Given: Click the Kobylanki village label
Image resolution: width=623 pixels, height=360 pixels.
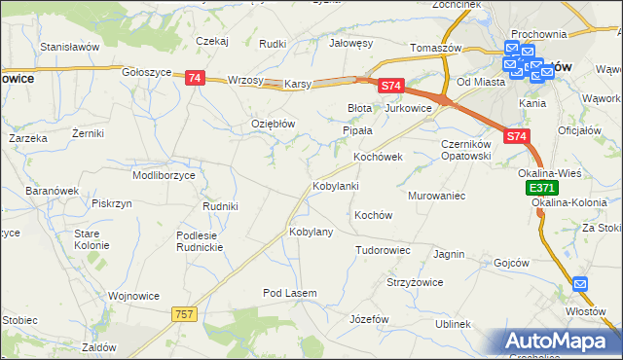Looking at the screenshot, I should click(x=336, y=185).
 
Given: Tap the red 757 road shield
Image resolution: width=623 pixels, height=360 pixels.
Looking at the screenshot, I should click(x=184, y=313).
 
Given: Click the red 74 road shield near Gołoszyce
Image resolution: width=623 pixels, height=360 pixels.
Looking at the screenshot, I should click(x=194, y=78).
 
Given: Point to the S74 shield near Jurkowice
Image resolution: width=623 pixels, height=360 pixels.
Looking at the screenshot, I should click(x=390, y=87).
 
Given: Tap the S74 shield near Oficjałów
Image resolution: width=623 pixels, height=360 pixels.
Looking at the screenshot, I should click(x=518, y=138).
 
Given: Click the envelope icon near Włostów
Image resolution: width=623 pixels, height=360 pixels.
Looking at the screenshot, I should click(x=581, y=284).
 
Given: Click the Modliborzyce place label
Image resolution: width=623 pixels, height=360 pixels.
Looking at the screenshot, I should click(x=164, y=175).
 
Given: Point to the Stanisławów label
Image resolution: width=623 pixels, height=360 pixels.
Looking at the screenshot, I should click(x=71, y=46).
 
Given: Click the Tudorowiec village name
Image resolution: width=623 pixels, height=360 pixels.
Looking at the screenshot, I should click(x=383, y=250).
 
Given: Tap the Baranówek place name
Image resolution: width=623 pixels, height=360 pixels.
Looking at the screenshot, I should click(x=52, y=191).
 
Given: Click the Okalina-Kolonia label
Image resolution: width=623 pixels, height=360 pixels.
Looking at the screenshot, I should click(x=571, y=202).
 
